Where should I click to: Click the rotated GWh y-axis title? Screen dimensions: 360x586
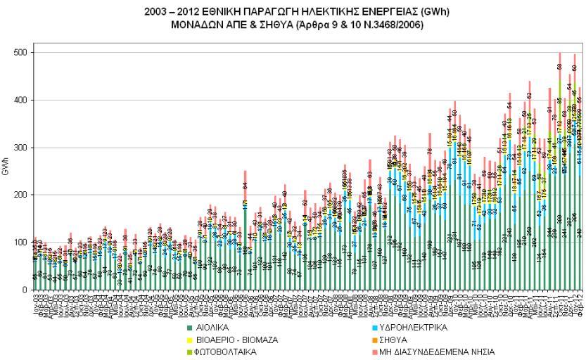pos(6,171)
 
